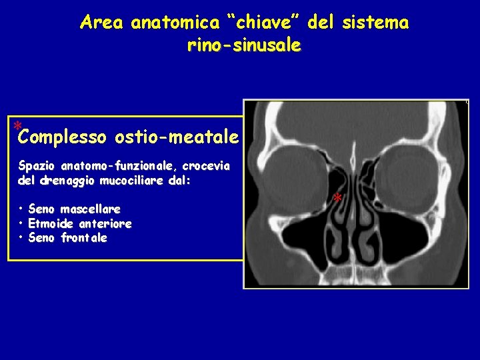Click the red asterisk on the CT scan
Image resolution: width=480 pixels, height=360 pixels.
pyautogui.click(x=337, y=199)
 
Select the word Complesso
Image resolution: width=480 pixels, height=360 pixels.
pyautogui.click(x=63, y=138)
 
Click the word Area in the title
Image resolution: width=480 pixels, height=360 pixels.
pyautogui.click(x=101, y=23)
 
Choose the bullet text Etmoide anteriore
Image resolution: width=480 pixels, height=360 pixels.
pyautogui.click(x=79, y=224)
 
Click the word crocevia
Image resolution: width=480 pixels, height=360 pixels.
pyautogui.click(x=205, y=165)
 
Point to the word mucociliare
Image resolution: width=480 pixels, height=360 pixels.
pyautogui.click(x=133, y=180)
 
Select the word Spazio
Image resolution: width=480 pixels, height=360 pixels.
pyautogui.click(x=36, y=165)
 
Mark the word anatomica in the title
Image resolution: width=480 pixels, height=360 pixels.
pyautogui.click(x=175, y=23)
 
